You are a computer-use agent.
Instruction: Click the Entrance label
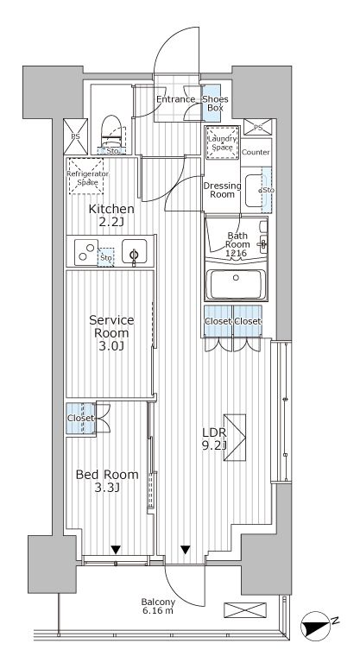(177, 100)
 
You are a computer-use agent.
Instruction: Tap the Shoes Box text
(215, 104)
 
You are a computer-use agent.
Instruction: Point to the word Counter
(256, 153)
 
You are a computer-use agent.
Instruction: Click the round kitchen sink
(134, 254)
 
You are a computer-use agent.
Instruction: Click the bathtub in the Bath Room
(237, 284)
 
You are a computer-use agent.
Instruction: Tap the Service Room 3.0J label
(111, 334)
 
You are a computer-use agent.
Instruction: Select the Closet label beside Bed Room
(80, 419)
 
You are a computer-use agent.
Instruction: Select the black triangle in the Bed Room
(115, 548)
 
